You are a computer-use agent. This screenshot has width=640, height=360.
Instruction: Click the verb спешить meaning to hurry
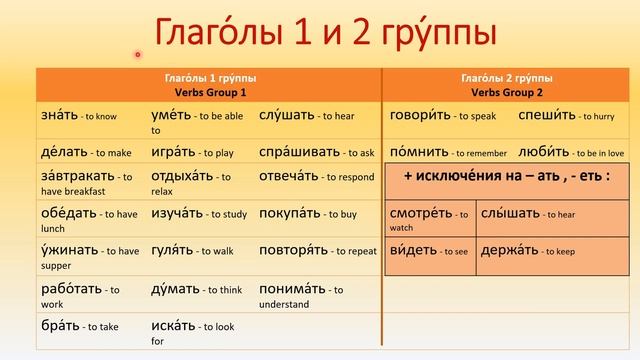point(545,116)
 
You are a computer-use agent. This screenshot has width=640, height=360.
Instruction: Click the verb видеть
point(412,250)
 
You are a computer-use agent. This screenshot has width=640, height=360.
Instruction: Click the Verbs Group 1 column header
point(208,83)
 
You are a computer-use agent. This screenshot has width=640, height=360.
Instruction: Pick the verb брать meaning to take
point(60,326)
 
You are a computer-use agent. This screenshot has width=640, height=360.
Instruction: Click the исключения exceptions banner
point(507,177)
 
